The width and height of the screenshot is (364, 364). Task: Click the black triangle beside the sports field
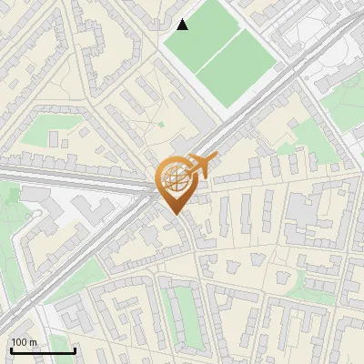pyautogui.click(x=183, y=24)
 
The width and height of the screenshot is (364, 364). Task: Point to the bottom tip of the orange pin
pyautogui.click(x=175, y=214)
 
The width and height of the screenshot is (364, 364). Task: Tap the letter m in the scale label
pyautogui.click(x=35, y=342)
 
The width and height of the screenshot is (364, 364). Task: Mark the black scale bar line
pyautogui.click(x=43, y=350)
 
